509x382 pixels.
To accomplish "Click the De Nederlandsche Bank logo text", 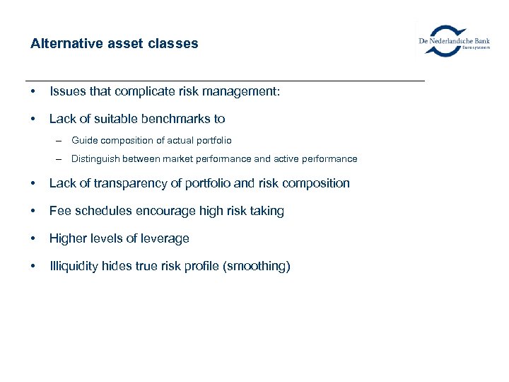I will (455, 41).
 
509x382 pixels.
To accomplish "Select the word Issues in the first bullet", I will (67, 91).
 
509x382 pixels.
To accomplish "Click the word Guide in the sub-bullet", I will (84, 141).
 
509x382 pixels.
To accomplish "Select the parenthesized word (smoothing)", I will (257, 267).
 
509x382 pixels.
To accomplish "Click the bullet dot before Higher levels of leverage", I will (34, 239).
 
